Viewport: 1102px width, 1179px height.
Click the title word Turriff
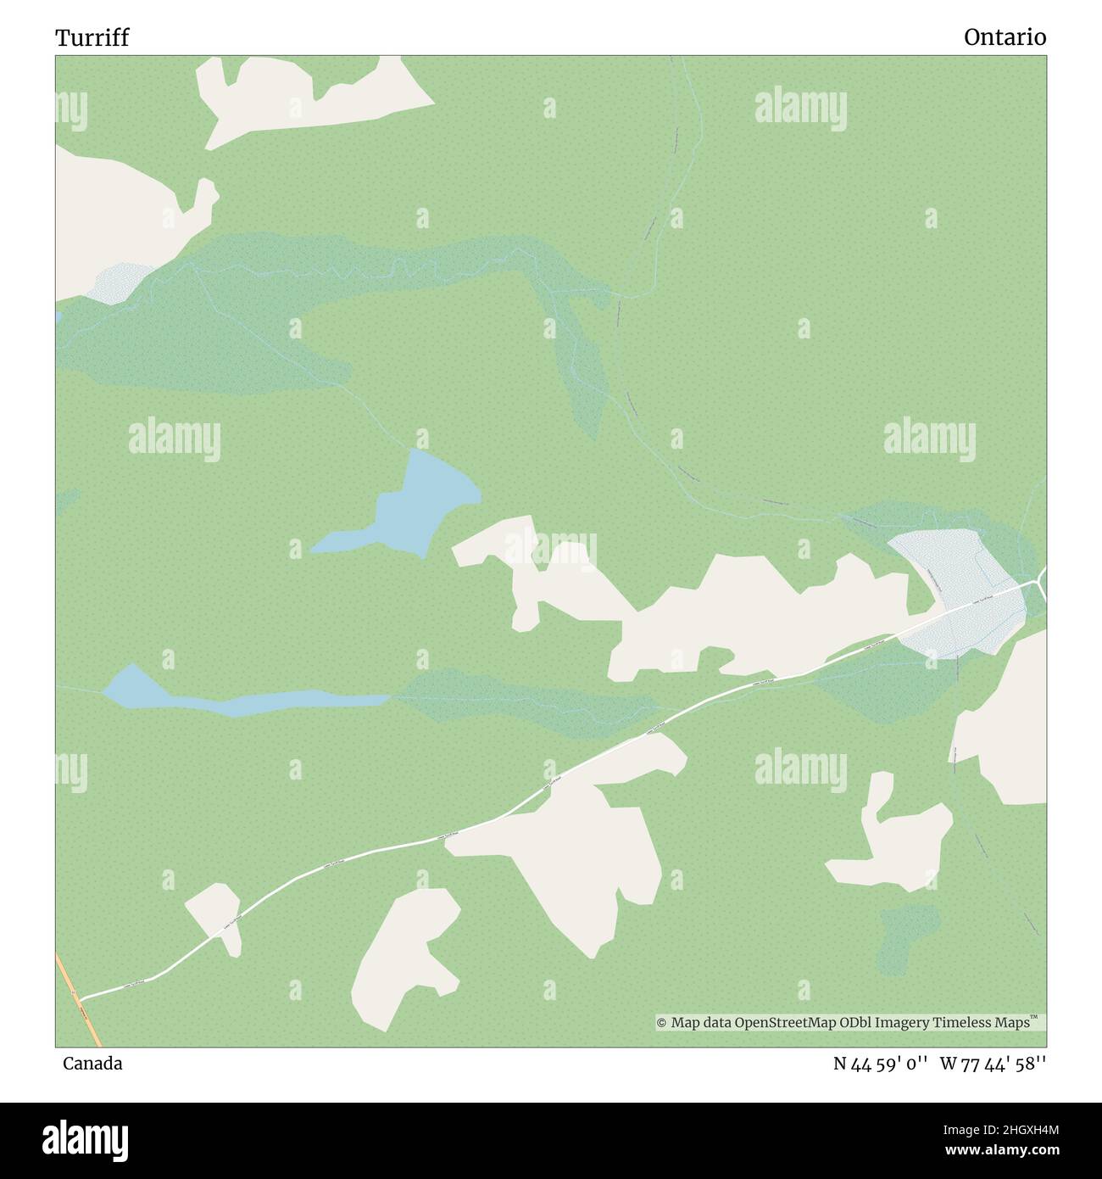(x=92, y=38)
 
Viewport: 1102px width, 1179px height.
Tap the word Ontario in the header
(x=1005, y=37)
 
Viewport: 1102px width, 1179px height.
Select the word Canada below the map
(x=92, y=1064)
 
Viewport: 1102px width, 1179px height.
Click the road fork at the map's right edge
(x=1038, y=583)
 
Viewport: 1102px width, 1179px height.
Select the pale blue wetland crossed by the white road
(x=958, y=594)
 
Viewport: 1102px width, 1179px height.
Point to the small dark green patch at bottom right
(x=907, y=937)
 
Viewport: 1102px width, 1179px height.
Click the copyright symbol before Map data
(x=662, y=1023)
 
